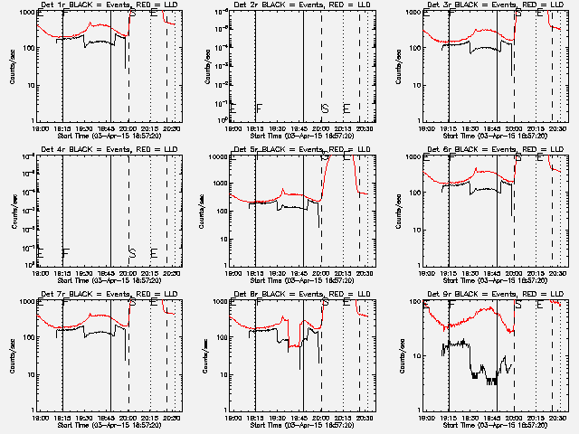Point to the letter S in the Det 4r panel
[x=132, y=252]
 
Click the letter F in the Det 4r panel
[x=66, y=252]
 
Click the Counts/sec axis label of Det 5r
[x=205, y=211]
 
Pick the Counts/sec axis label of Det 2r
[x=205, y=67]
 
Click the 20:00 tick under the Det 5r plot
[x=323, y=272]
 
